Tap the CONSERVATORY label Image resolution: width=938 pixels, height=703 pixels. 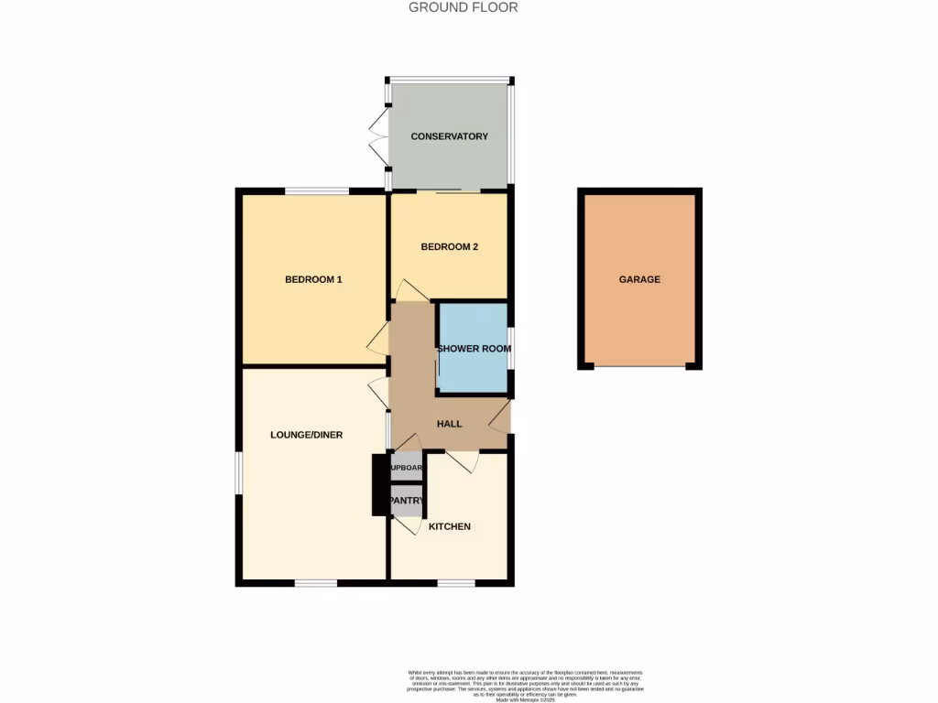(x=449, y=136)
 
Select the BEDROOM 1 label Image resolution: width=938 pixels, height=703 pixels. (x=313, y=279)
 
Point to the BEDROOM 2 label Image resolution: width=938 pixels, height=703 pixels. (x=449, y=247)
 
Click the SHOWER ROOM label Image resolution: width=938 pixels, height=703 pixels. (x=474, y=349)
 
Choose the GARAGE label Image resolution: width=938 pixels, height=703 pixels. (x=639, y=279)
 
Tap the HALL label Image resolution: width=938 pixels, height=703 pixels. (x=449, y=424)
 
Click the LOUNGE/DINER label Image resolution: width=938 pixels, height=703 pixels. (x=306, y=435)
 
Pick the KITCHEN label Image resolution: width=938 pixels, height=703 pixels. (x=449, y=526)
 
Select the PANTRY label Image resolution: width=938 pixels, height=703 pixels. (x=407, y=501)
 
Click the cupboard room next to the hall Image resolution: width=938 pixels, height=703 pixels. (x=407, y=468)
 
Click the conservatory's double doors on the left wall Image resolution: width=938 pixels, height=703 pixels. (x=377, y=137)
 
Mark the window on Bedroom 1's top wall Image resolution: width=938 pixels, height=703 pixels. (x=316, y=191)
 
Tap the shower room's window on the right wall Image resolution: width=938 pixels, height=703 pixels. (x=510, y=348)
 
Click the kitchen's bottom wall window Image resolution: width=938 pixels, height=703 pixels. (x=449, y=582)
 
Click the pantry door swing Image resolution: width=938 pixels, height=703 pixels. (x=409, y=525)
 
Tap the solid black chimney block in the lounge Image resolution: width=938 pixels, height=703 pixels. (x=379, y=484)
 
